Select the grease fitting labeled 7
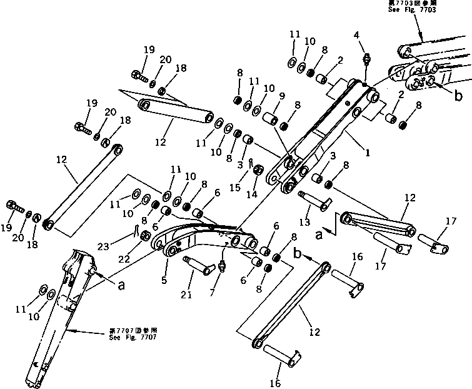pos(221,267)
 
